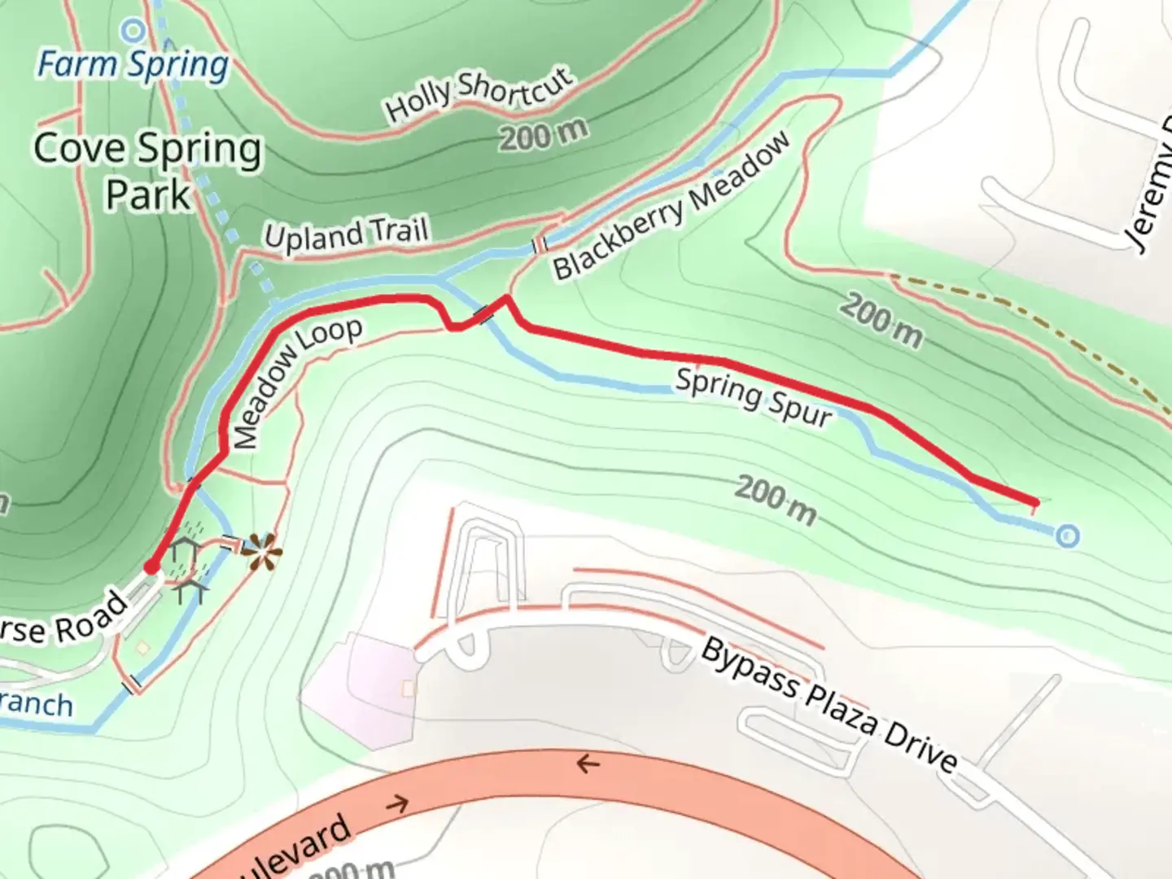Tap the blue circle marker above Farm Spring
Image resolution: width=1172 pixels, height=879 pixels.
[x=133, y=32]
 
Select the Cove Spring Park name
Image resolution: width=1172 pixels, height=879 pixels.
[x=147, y=171]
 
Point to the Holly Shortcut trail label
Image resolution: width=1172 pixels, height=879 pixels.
[x=479, y=95]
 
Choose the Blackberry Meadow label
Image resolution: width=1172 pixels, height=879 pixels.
[x=671, y=207]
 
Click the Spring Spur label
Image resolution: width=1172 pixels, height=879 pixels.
[x=754, y=398]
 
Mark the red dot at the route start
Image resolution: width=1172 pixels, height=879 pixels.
[x=152, y=566]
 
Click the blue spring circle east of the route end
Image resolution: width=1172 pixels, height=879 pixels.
[x=1068, y=536]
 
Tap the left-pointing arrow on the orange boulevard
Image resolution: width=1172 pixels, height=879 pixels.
[x=588, y=764]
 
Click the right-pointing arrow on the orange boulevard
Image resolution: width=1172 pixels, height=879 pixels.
[x=396, y=805]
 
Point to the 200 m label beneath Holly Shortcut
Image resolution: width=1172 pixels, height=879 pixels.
[x=543, y=134]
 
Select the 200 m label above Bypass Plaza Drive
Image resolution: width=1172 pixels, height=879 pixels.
[x=776, y=500]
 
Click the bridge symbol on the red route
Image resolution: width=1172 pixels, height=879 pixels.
[x=485, y=314]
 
